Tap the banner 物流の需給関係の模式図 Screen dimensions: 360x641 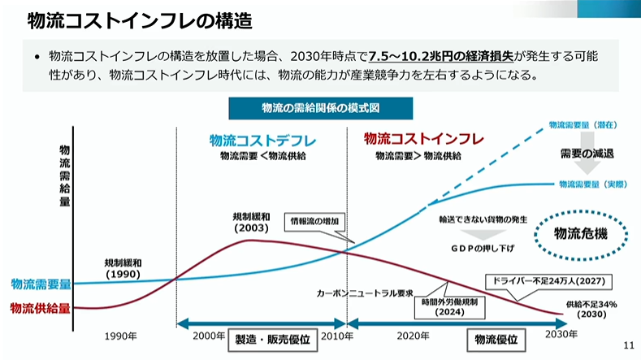coord(321,109)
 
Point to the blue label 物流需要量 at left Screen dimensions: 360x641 coord(41,284)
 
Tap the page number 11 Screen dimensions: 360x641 coord(627,345)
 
